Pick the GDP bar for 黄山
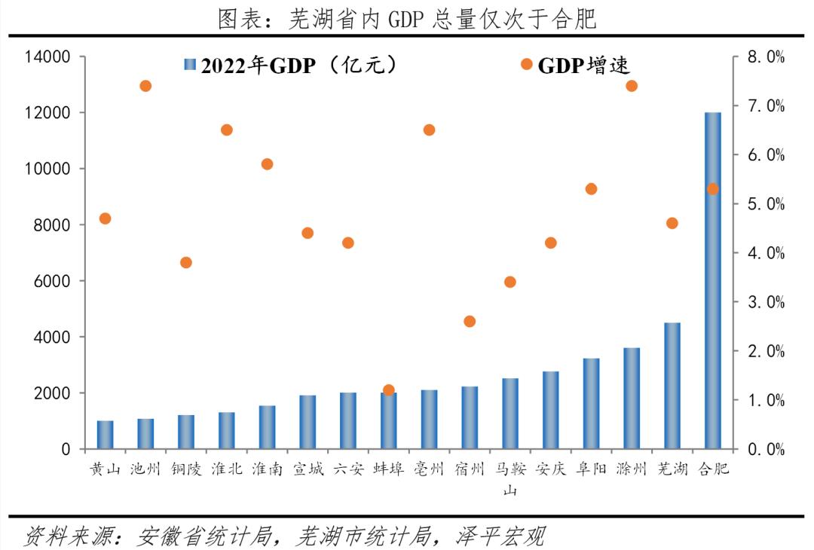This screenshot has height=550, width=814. tap(106, 435)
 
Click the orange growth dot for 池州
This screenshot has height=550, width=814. tap(145, 86)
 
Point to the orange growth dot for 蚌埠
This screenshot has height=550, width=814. tap(389, 390)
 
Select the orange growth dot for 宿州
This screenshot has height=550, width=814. tap(470, 321)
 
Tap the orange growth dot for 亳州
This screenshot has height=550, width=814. tap(429, 130)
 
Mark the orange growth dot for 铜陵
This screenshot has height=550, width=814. tap(186, 262)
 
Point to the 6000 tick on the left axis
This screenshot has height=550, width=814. tap(53, 281)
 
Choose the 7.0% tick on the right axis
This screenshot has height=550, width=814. tap(765, 106)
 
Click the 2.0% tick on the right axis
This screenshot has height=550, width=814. tap(765, 351)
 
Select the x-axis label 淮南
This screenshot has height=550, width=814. tap(267, 469)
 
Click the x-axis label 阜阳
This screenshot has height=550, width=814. tap(591, 469)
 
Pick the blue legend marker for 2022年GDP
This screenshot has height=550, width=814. tap(189, 66)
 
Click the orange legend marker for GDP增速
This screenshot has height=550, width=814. tap(527, 65)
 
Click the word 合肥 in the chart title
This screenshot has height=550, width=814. tap(577, 19)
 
